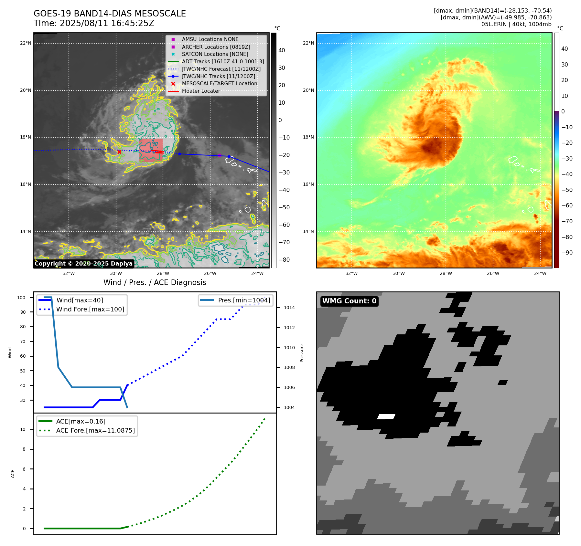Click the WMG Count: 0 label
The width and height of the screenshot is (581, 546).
coord(349,301)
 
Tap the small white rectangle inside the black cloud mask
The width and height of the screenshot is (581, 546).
coord(386,416)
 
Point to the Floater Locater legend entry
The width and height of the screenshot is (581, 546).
coord(201,91)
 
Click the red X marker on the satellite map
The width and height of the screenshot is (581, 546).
coord(119,152)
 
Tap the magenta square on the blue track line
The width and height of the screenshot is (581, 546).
coord(220,155)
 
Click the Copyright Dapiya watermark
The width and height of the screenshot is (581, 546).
coord(83,264)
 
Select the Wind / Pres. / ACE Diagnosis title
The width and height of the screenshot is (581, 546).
coord(155,282)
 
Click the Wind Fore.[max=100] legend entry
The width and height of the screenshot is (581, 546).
coord(90,309)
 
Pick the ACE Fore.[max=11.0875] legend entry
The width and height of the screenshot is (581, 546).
coord(95,430)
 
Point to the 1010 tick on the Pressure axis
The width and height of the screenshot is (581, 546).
coord(289,348)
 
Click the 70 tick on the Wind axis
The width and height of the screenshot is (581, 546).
coord(23,341)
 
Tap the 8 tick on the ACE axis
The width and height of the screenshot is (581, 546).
coord(24,449)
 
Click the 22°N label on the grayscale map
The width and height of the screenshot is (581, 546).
coord(26,43)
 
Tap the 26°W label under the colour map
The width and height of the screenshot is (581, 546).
coord(493,273)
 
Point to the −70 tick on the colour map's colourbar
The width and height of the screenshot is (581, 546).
coord(567,221)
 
